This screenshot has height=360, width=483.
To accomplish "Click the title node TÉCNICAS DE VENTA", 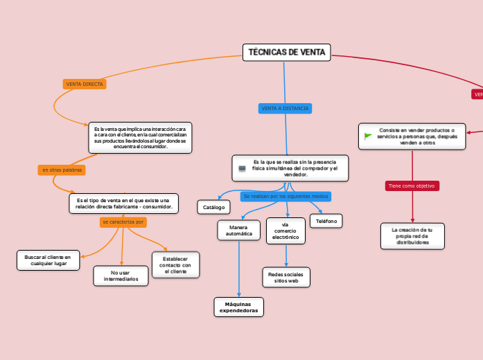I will pos(287,52).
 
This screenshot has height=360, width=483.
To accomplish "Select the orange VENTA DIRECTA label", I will pos(85,84).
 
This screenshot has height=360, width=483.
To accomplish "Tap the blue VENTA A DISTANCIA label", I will pos(285,109).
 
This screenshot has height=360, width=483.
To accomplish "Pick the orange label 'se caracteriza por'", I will pos(123,222).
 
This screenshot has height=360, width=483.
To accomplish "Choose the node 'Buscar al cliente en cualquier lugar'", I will pos(48,260).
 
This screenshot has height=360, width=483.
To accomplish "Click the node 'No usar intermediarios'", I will pos(121,276).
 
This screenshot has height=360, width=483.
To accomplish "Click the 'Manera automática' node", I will pos(238,230).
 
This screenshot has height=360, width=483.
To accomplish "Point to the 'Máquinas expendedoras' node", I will pos(238,307).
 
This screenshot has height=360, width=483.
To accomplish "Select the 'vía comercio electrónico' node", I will pos(285,231).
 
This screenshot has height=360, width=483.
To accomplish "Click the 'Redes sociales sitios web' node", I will pos(286,277).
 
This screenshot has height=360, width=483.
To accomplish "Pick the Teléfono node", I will pos(326,221).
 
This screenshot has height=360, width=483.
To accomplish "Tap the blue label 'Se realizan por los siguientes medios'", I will pos(286,197).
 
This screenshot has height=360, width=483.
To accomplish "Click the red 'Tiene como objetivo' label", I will pos(412,186).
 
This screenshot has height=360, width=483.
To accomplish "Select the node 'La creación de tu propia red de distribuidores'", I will pos(412,235).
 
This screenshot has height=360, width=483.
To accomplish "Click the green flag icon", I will pos(368,136).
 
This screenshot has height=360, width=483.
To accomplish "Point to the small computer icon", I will pos(242,168).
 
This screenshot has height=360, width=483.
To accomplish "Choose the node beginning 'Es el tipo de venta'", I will pos(123,204).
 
